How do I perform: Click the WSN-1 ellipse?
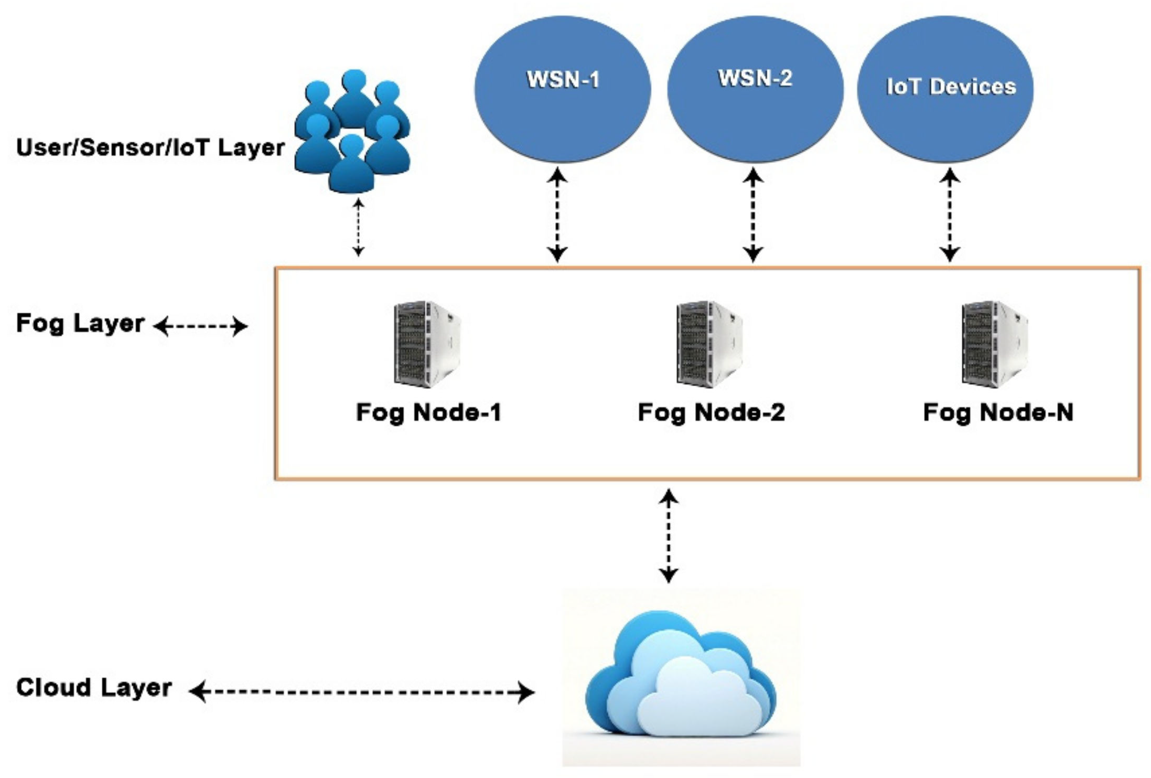coord(562,89)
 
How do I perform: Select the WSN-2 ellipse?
coord(755,89)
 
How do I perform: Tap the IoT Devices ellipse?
coord(945,89)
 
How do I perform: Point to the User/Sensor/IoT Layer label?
coord(150,147)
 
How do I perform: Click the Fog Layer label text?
coord(80,323)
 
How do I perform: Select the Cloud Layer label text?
coord(93,688)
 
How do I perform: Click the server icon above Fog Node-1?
coord(427,344)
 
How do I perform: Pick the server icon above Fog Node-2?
coord(709,344)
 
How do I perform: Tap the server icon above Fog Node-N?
coord(995,344)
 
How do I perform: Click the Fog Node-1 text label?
coord(428,412)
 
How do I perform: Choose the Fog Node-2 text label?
coord(711,412)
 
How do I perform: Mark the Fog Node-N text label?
coord(998,412)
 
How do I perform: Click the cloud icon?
coord(681,677)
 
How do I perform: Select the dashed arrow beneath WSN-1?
coord(557,215)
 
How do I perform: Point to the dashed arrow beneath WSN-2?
coord(753,215)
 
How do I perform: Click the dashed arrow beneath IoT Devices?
coord(950,215)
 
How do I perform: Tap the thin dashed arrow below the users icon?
coord(358,227)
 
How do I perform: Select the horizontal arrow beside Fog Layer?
coord(200,326)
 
